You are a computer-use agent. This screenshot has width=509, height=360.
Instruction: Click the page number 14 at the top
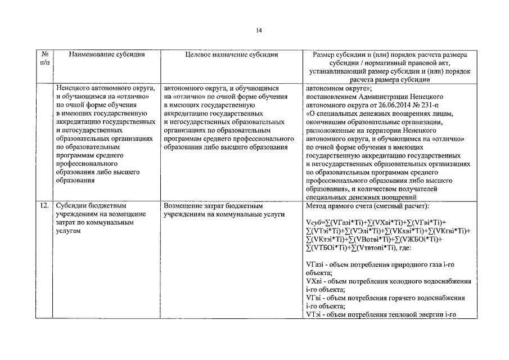click(x=258, y=30)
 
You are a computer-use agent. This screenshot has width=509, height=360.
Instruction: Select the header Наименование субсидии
click(x=107, y=55)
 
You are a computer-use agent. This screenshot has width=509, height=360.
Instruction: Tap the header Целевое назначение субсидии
click(x=231, y=55)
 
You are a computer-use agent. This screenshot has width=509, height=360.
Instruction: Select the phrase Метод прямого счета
click(x=341, y=206)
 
